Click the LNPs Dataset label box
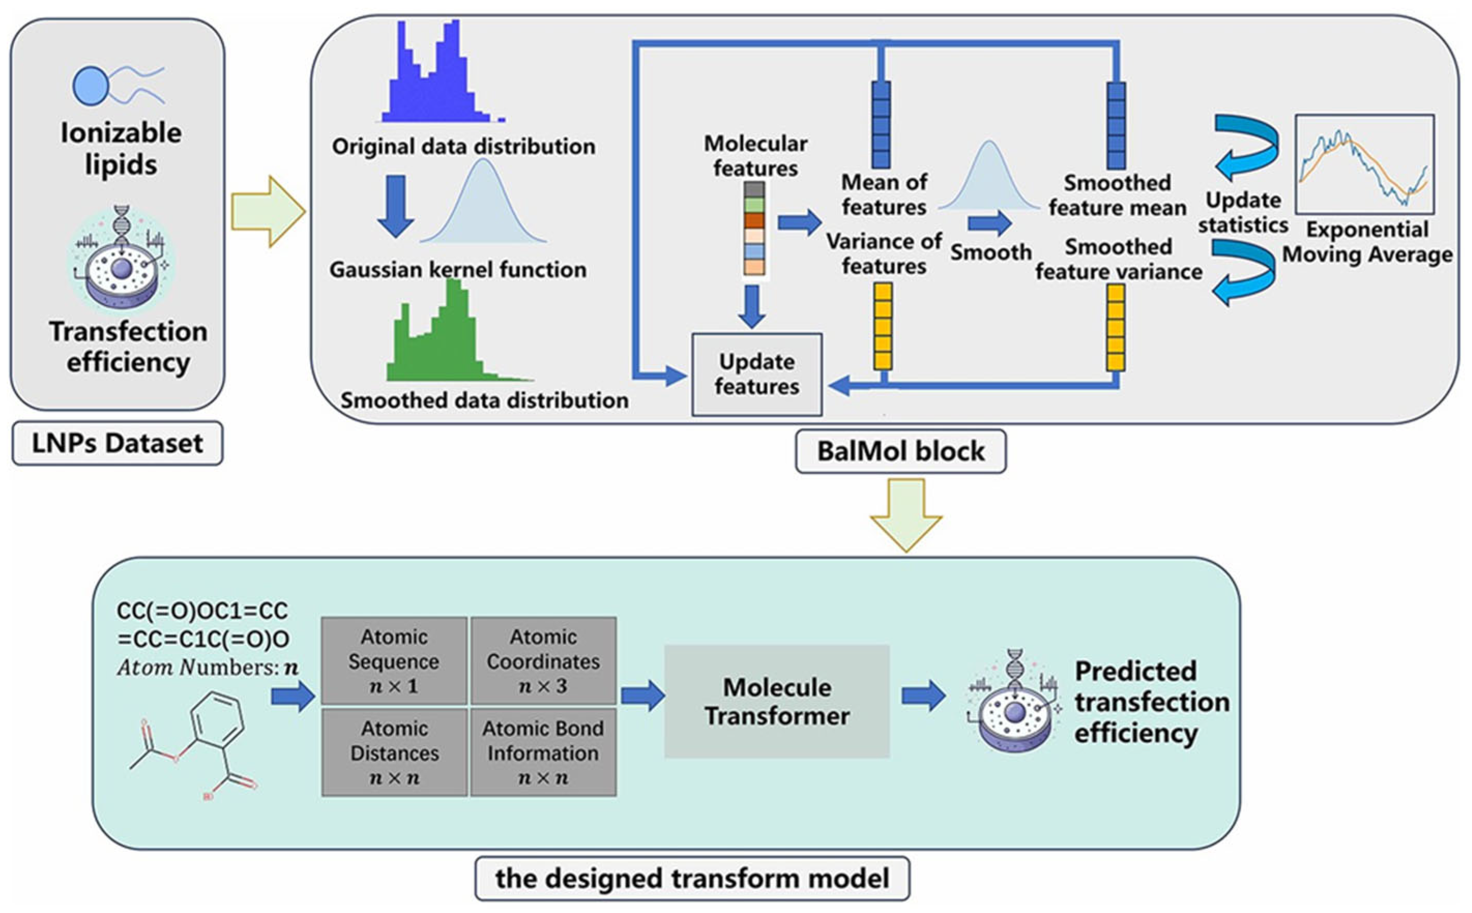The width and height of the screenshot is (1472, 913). coord(117,443)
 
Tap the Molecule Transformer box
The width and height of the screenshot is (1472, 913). coord(777,701)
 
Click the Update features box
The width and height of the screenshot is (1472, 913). coord(757,374)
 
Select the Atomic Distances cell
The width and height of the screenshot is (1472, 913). coord(394,753)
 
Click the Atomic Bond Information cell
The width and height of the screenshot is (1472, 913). coord(543,753)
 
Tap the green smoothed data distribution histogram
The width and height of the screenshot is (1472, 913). coord(459,331)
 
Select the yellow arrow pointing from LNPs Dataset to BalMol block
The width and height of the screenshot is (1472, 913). coord(268,211)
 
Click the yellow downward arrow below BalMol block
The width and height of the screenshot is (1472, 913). coord(906,515)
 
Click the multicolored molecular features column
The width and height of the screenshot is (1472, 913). coord(754,229)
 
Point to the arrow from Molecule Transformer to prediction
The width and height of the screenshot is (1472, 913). coord(924,696)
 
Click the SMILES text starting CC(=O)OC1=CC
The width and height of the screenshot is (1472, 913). coord(203,625)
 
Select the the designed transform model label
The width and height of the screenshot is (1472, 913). coord(692,878)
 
